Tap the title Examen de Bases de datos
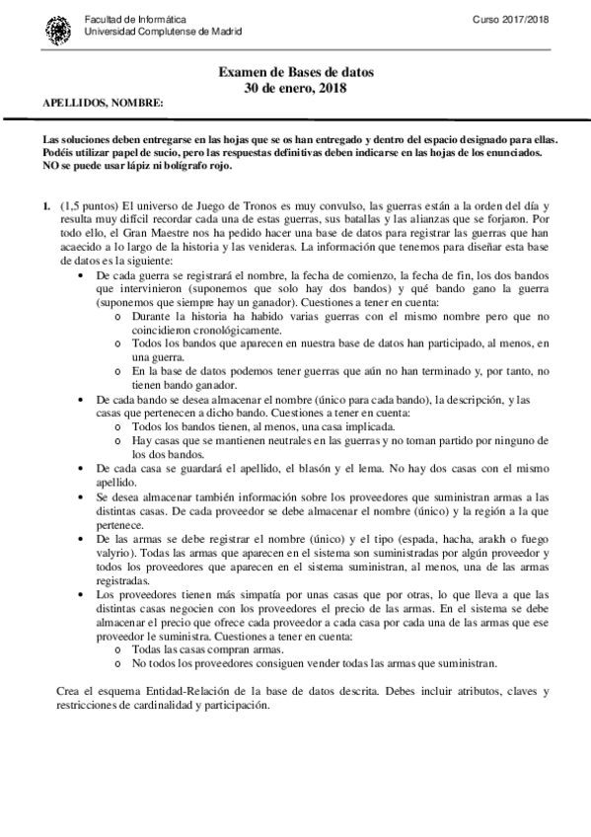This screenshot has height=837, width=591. coord(296,73)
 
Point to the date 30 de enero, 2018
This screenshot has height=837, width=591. coord(296,88)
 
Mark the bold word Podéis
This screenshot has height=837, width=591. coord(59,153)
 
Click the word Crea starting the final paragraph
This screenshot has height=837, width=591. coord(72,688)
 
